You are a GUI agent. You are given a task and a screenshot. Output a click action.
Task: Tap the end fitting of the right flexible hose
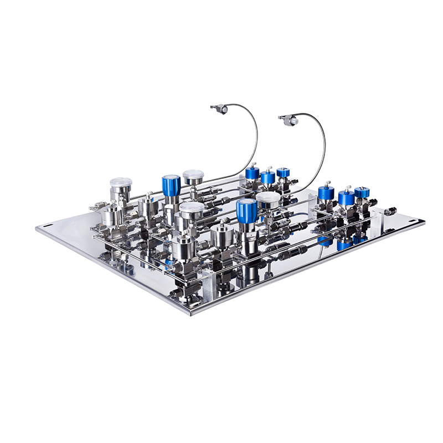[x=289, y=119]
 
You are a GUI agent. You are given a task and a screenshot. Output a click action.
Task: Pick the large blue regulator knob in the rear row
[x=171, y=185]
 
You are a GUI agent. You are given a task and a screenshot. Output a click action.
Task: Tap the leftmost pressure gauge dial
[x=121, y=182]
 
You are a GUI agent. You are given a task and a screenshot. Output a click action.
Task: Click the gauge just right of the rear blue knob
[x=193, y=177]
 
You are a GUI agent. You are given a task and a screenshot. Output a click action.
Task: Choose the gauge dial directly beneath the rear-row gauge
[x=192, y=210]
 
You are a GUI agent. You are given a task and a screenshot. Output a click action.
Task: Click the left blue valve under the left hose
[x=253, y=173]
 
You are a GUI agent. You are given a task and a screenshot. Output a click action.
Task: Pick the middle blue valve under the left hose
[x=268, y=177]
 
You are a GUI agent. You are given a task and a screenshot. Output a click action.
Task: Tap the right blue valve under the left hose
[x=283, y=173]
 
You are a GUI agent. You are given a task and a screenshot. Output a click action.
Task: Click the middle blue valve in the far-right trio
[x=347, y=198]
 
